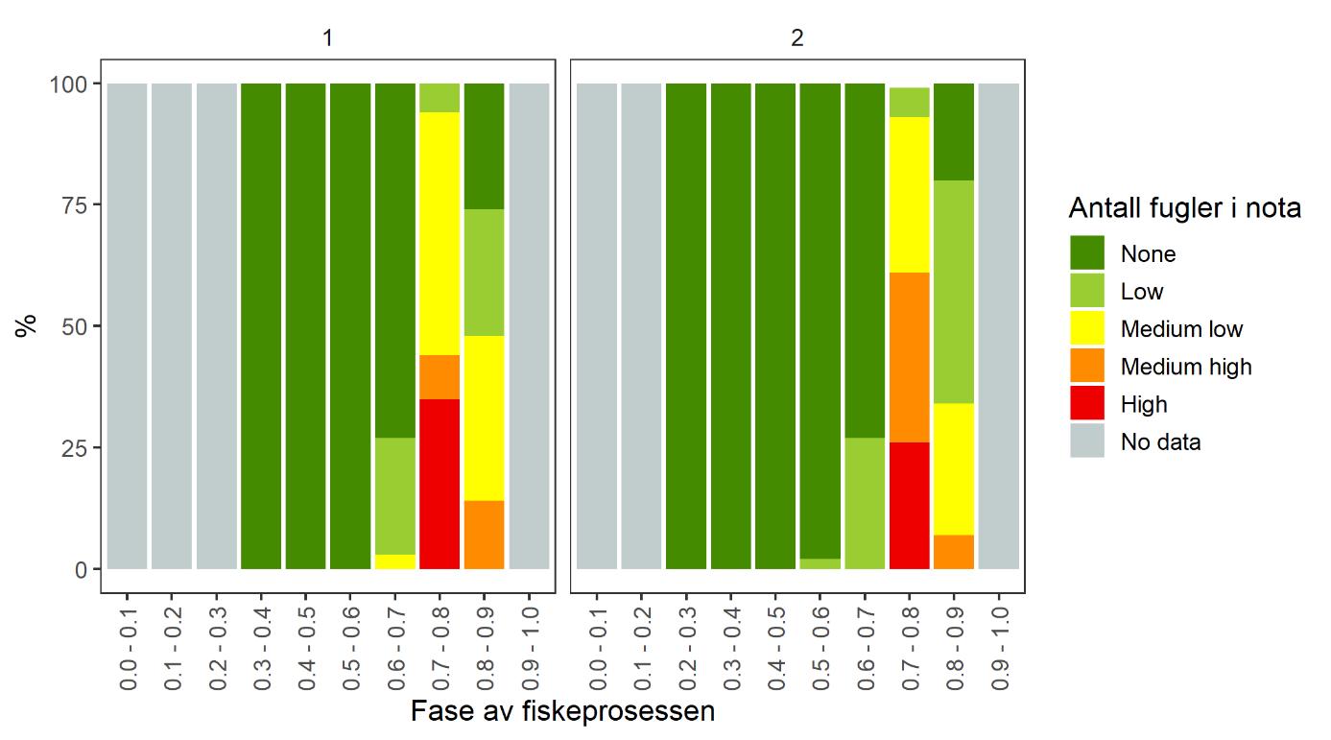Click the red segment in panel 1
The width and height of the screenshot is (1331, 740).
click(x=440, y=484)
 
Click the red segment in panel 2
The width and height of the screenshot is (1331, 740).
click(x=910, y=505)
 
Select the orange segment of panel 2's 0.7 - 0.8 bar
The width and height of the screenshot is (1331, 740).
click(x=910, y=357)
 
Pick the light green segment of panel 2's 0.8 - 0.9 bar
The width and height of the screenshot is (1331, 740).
click(x=954, y=292)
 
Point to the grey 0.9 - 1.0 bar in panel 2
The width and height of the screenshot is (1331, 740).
click(x=998, y=326)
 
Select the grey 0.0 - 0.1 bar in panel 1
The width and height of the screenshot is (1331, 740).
click(x=127, y=326)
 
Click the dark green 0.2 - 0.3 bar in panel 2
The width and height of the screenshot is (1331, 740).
click(x=685, y=326)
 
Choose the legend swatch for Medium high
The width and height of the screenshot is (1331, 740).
click(x=1087, y=366)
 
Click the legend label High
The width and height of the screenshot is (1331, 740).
click(x=1144, y=404)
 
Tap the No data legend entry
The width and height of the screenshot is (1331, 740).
click(x=1160, y=442)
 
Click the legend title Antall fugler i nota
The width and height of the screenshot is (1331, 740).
click(x=1184, y=207)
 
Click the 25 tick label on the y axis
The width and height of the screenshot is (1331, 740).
click(x=75, y=448)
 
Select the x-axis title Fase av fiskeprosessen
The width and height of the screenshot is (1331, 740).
click(x=562, y=712)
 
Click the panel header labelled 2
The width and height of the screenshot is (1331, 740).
click(x=797, y=39)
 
